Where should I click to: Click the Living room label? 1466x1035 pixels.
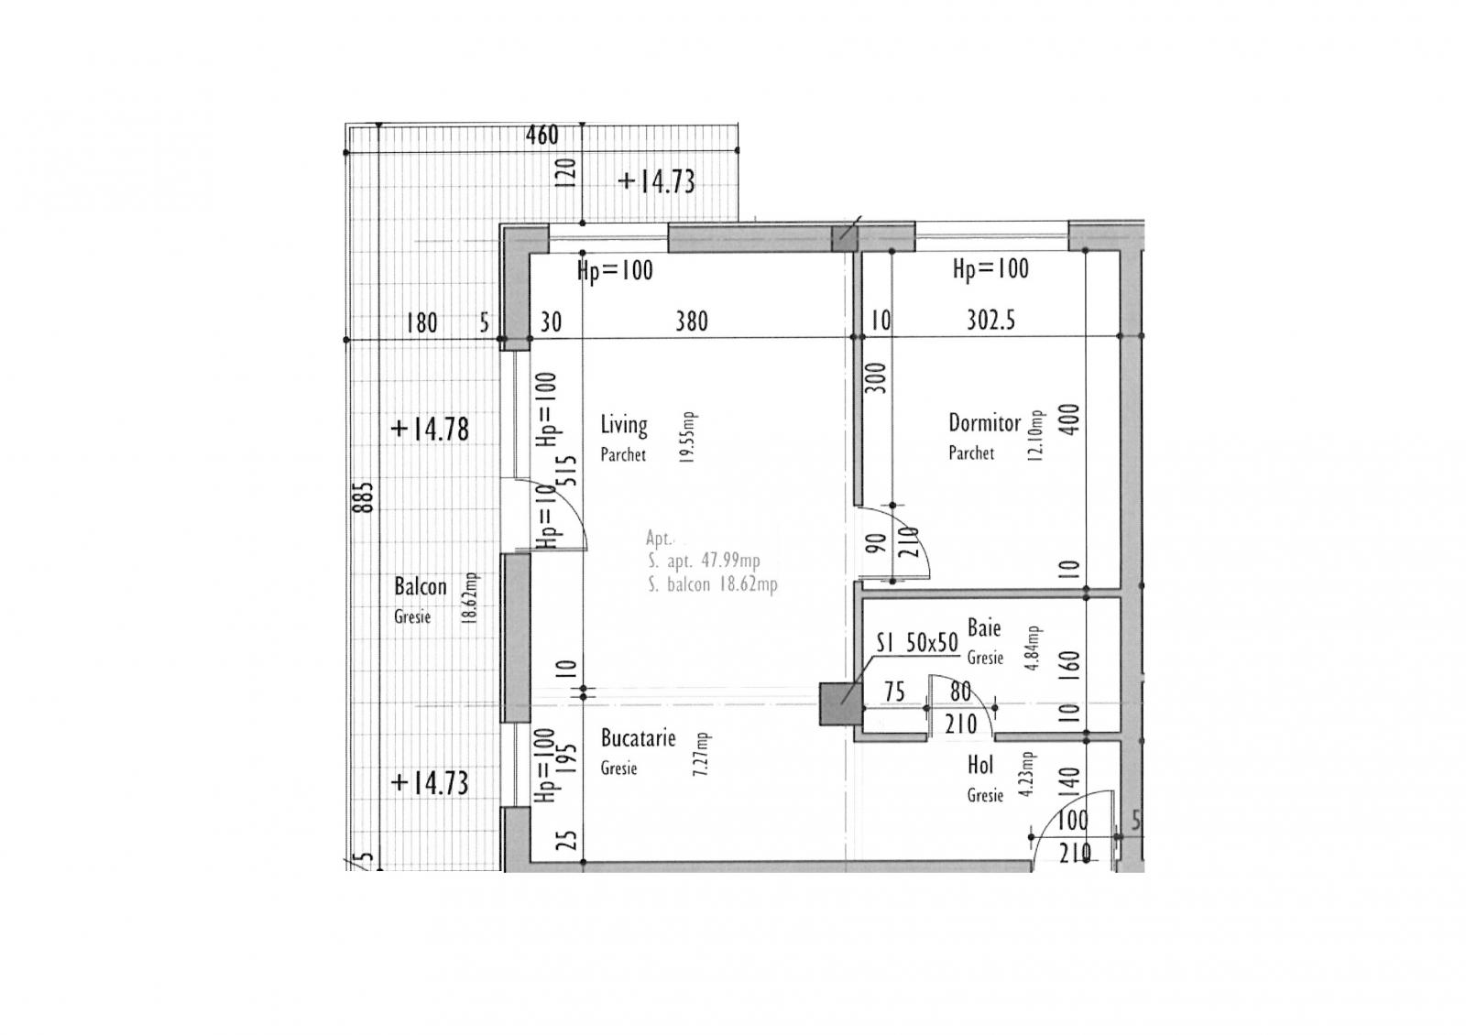[x=624, y=425]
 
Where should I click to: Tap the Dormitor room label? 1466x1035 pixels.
[x=984, y=423]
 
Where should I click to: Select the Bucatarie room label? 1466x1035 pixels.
[x=638, y=738]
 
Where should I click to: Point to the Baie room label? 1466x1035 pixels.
[x=984, y=628]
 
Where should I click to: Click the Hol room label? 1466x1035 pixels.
[x=980, y=766]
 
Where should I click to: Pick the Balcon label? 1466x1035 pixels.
[x=421, y=587]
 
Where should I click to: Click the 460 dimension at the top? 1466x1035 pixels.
[x=542, y=136]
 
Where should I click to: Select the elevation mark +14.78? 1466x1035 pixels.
[x=430, y=429]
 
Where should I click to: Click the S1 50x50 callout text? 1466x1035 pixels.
[x=916, y=644]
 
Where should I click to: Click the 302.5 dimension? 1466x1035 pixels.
[x=990, y=321]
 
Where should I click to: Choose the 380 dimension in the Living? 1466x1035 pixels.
[x=692, y=321]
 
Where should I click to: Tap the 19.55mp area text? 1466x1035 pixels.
[x=690, y=438]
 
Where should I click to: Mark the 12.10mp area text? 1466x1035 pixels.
[x=1036, y=436]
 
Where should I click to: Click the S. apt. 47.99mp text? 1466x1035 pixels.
[x=704, y=561]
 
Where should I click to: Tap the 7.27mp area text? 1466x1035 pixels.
[x=702, y=755]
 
